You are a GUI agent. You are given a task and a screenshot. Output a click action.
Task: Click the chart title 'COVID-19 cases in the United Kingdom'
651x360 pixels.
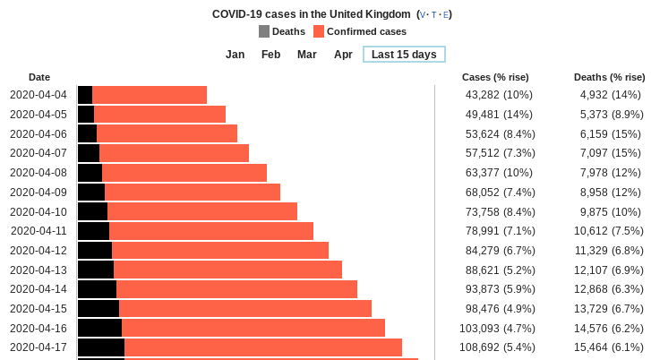tap(313, 14)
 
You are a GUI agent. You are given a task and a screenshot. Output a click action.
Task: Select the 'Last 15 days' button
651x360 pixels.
tap(404, 55)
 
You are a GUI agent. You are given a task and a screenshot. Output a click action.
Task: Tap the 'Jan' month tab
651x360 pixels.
tap(236, 55)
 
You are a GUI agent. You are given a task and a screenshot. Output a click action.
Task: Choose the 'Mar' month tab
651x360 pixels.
tap(307, 55)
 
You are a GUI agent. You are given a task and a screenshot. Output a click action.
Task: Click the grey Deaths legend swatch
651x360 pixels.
tap(264, 31)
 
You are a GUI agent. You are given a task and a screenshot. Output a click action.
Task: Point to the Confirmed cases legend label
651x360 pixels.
tap(366, 31)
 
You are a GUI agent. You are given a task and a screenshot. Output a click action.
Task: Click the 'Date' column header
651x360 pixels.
tap(39, 77)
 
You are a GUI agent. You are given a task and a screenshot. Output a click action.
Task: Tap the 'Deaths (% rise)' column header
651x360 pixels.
tap(610, 77)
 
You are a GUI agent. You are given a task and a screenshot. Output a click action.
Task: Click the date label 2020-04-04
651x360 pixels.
tap(39, 95)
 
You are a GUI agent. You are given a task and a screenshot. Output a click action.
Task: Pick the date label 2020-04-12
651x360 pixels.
tap(39, 250)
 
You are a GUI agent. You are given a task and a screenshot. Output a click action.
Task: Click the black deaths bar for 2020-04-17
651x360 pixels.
tap(101, 347)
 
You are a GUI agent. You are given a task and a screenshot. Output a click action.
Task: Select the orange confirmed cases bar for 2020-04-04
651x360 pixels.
tap(150, 95)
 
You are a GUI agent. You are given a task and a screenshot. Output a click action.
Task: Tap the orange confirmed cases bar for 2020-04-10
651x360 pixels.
tap(202, 211)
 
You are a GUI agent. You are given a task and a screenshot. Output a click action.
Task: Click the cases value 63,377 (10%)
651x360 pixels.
tap(499, 173)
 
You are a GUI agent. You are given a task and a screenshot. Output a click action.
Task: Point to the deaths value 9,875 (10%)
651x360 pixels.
tap(611, 211)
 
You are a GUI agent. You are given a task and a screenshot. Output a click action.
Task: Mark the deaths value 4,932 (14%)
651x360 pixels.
tap(611, 95)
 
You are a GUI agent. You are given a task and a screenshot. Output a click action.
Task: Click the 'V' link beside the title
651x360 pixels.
tap(424, 15)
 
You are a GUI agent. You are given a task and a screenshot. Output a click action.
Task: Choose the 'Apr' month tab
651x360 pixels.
tap(343, 55)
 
